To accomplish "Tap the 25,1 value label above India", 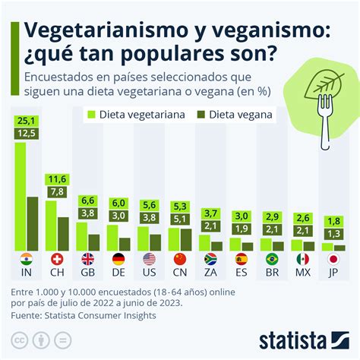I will (x=27, y=121).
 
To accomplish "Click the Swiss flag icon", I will (x=57, y=258).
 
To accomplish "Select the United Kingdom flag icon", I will (x=87, y=258).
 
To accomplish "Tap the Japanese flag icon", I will (x=333, y=258).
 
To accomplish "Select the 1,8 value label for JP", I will (x=333, y=221).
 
